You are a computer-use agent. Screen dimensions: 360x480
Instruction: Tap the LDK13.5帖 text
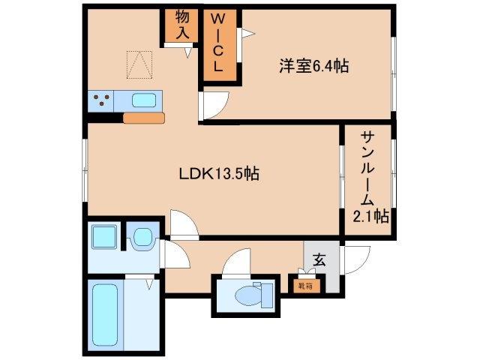tap(218, 173)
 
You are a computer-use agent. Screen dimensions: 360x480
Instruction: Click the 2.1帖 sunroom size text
tap(370, 217)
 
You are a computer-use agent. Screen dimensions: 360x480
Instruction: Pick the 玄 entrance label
tap(319, 260)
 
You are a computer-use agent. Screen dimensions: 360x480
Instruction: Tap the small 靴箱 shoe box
tap(304, 285)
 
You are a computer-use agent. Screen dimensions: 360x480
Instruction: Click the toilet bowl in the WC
tap(245, 298)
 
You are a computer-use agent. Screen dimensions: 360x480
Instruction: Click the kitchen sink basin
tap(145, 100)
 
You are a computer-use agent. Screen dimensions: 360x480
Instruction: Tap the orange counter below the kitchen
tap(143, 118)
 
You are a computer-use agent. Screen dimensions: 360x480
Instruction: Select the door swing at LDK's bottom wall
tap(183, 223)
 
